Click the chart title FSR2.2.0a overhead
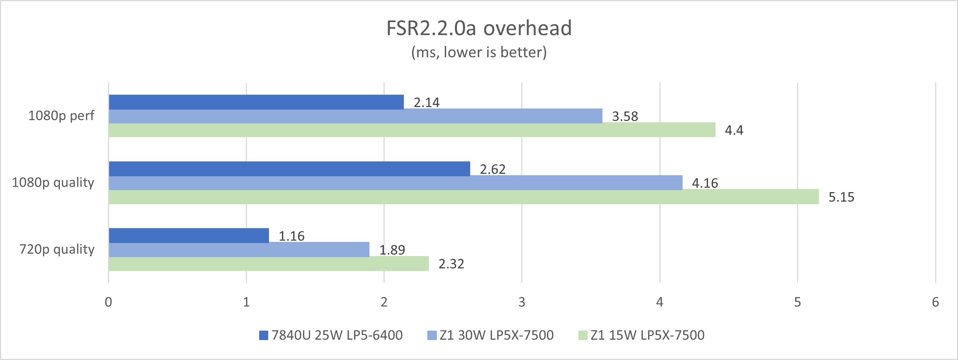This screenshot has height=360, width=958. click(x=479, y=28)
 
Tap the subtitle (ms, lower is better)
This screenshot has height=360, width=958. click(x=479, y=53)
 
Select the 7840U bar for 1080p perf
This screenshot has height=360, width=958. click(x=256, y=102)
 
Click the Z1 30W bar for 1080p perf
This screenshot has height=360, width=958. click(x=355, y=116)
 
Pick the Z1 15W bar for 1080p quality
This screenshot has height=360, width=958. click(x=463, y=197)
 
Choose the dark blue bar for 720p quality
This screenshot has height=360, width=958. click(x=188, y=235)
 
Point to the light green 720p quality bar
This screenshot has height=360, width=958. click(x=269, y=264)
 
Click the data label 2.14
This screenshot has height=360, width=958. click(x=427, y=103)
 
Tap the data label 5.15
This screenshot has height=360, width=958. click(x=841, y=197)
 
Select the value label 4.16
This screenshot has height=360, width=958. click(x=705, y=183)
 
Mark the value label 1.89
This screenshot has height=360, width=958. click(x=392, y=250)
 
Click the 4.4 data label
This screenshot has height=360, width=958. click(x=734, y=131)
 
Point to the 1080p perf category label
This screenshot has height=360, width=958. click(x=61, y=116)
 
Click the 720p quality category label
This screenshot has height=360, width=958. click(x=57, y=249)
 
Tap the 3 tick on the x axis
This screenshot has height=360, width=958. click(x=522, y=302)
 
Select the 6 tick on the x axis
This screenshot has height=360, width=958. click(x=935, y=302)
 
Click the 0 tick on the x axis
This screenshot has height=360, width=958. click(x=108, y=302)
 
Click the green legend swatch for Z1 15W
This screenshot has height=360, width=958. click(x=583, y=335)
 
